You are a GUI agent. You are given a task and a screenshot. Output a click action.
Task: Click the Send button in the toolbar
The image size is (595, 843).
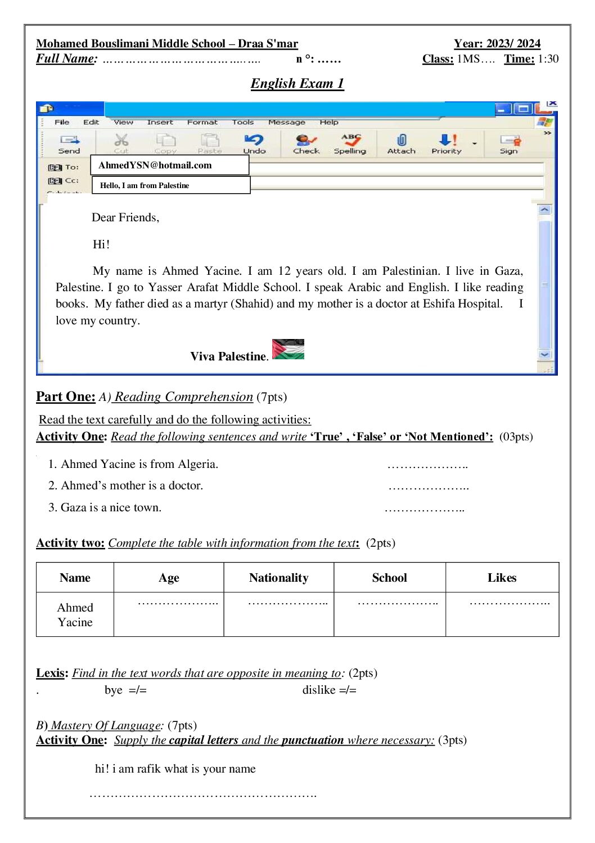coord(70,144)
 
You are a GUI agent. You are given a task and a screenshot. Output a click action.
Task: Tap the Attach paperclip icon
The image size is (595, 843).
coord(401,140)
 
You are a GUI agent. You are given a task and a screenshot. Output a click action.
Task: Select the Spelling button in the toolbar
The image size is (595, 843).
coord(350,144)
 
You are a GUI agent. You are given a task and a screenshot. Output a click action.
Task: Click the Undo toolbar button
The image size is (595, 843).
coord(254,144)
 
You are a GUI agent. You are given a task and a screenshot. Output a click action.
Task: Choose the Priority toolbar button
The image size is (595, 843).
coord(447,144)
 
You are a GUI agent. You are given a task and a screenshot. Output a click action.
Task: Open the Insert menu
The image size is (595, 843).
coord(160,122)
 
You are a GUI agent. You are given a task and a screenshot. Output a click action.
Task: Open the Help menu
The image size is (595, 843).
coord(329,122)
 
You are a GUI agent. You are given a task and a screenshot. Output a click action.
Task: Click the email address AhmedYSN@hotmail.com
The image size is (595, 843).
coord(155,165)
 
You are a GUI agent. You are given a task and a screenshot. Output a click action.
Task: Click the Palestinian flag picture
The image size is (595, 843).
coord(288,349)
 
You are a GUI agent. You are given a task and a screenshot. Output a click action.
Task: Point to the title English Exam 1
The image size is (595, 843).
coord(297,83)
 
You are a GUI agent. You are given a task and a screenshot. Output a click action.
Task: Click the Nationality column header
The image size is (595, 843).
coord(278,578)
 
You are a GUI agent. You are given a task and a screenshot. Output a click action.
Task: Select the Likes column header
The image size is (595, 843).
coord(502,578)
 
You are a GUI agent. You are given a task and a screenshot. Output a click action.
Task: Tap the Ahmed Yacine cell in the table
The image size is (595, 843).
coord(75,614)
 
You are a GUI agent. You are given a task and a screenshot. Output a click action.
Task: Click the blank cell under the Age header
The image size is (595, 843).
coord(169,614)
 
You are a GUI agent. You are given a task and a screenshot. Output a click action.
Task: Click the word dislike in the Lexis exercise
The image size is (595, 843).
coord(319,690)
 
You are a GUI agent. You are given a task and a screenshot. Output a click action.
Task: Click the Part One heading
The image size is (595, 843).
coord(66,396)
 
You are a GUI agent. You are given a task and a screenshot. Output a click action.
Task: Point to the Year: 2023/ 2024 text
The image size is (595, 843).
coord(497,43)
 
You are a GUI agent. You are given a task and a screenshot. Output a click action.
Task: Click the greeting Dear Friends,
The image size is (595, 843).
coord(125,217)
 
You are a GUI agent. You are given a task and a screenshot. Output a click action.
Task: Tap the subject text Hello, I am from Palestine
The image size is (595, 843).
coord(145,185)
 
